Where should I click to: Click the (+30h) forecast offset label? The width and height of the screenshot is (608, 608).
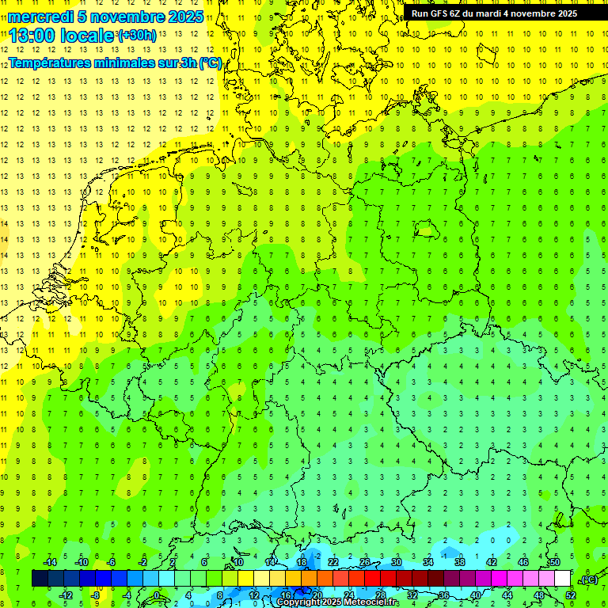point(137,35)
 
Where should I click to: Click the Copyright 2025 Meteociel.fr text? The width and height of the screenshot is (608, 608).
point(337,602)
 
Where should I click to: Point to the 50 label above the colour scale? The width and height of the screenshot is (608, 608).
point(555,562)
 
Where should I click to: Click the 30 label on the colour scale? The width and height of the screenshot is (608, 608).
point(397,562)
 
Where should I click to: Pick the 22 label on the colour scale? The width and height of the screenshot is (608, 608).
point(333,562)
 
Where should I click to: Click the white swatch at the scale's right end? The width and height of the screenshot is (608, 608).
point(563,579)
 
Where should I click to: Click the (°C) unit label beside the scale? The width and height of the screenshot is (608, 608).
point(588,579)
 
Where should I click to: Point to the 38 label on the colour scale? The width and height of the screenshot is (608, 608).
point(460,562)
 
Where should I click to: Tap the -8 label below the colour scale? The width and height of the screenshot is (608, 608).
point(96,595)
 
